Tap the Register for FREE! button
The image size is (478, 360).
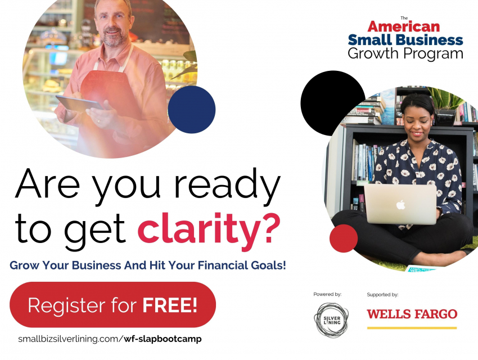click(x=113, y=304)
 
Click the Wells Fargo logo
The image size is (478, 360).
click(x=412, y=314)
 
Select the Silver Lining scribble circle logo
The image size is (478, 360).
click(x=331, y=319)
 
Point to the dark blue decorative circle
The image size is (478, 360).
click(x=192, y=110)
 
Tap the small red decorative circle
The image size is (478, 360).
click(x=344, y=238)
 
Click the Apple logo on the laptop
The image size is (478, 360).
click(x=400, y=205)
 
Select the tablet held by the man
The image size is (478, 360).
click(x=79, y=103)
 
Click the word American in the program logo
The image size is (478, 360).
click(x=404, y=26)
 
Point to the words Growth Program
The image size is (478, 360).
click(x=405, y=53)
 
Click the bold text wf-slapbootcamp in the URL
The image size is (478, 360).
click(x=163, y=339)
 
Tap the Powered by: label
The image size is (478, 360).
click(x=327, y=294)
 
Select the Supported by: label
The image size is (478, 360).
click(x=382, y=294)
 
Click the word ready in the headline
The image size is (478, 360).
click(x=227, y=184)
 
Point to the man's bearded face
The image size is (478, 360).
click(x=114, y=24)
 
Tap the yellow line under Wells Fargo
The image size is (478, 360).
click(x=412, y=328)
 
